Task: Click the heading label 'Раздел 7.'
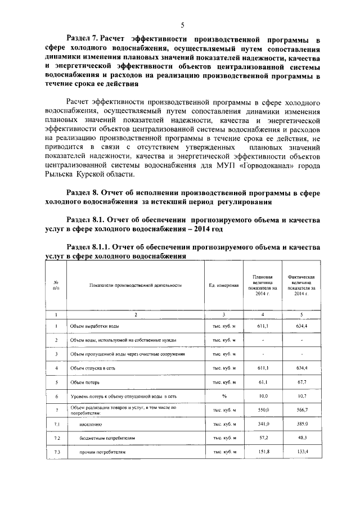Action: (x=83, y=40)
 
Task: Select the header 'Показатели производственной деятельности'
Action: (x=135, y=286)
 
